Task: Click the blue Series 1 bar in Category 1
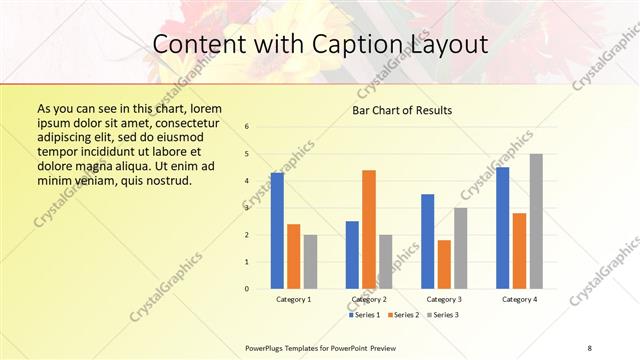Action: pos(277,231)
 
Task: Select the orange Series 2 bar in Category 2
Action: pos(369,229)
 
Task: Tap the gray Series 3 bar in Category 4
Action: pos(536,221)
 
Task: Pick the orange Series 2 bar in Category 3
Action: pos(444,264)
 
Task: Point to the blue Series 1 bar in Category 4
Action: pos(502,228)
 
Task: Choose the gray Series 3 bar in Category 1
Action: pos(310,262)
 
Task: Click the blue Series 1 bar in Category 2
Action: pos(352,255)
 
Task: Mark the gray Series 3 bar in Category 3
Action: pos(460,248)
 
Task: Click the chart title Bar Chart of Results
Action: pos(402,110)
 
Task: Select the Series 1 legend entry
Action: pos(365,315)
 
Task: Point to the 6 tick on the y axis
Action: pos(247,127)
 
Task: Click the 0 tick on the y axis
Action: pos(247,289)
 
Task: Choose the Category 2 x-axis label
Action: pos(369,299)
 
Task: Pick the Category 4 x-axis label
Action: pos(518,299)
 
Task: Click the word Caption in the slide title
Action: pos(342,45)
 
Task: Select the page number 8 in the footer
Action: pos(589,346)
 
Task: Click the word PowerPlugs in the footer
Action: pos(264,346)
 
